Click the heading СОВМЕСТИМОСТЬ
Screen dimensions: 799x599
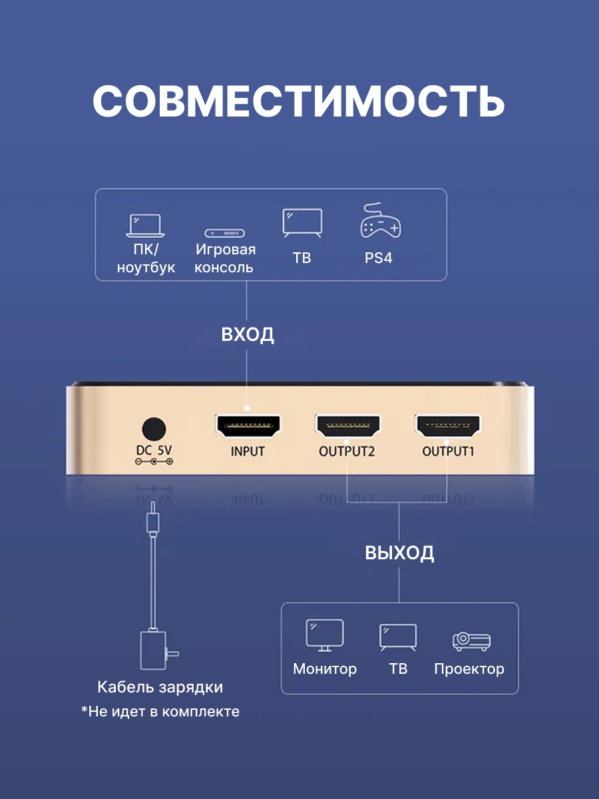(x=299, y=101)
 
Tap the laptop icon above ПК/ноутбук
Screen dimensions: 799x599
(x=145, y=226)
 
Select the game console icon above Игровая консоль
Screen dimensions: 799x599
(x=224, y=233)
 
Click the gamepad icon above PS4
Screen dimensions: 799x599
(x=380, y=222)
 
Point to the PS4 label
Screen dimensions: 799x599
(x=379, y=258)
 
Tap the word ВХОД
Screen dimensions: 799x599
(x=248, y=334)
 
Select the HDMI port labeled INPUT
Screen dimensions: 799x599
(x=248, y=425)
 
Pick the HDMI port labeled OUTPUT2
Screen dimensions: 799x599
(x=347, y=425)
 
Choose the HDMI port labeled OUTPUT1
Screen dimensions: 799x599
(x=448, y=425)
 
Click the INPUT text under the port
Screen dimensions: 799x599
(x=248, y=451)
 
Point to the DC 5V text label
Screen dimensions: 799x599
(x=154, y=450)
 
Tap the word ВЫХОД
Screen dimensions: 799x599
(x=399, y=553)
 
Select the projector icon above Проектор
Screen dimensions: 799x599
(x=471, y=641)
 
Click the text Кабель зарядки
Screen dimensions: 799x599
(x=160, y=687)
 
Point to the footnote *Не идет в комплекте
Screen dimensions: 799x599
(x=160, y=711)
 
